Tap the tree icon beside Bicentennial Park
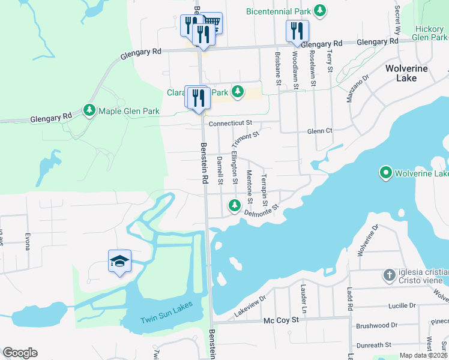point(321,10)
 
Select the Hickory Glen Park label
point(429,33)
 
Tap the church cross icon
point(389,275)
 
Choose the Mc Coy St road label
point(281,321)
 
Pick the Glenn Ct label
point(319,131)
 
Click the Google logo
point(20,353)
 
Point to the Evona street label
point(27,244)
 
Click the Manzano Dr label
point(357,89)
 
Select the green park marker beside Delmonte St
point(234,207)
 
